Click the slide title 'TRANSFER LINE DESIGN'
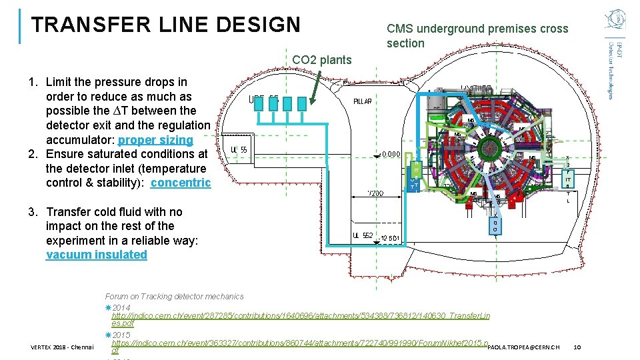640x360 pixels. point(166,25)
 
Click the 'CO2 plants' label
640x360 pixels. point(321,60)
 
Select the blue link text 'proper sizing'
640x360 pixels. point(155,140)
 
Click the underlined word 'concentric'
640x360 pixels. point(181,183)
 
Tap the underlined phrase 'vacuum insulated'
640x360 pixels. point(97,254)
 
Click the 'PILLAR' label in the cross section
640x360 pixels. point(363,101)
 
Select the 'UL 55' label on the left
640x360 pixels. point(239,150)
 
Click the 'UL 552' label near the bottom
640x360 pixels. point(363,235)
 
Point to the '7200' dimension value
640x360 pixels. point(375,193)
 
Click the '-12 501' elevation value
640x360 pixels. point(389,239)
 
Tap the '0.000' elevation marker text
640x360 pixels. point(391,154)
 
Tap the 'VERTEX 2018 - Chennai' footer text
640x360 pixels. point(62,347)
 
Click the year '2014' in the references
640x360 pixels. point(121,307)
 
